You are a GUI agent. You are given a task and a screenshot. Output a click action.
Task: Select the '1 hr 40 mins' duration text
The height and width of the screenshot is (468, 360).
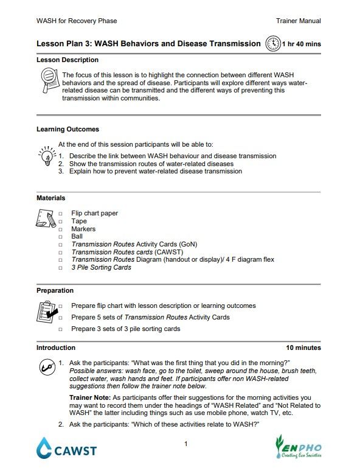click(x=301, y=44)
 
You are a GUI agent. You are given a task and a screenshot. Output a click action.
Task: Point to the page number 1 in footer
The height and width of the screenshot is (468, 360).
click(x=185, y=444)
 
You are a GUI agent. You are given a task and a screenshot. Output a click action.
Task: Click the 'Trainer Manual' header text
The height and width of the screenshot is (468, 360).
click(x=298, y=21)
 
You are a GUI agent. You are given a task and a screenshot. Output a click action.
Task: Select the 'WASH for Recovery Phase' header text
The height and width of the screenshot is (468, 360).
click(x=77, y=21)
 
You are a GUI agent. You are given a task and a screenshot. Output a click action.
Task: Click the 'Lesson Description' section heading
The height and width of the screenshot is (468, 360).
click(x=67, y=60)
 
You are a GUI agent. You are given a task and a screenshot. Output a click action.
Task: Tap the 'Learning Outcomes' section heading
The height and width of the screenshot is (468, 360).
click(x=67, y=130)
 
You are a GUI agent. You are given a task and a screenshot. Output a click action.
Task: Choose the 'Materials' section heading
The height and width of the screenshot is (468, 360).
click(x=51, y=198)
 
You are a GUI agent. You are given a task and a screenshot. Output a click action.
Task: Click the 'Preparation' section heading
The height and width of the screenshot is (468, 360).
click(x=55, y=291)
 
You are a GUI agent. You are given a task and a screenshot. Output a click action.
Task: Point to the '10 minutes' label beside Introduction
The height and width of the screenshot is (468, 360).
click(x=303, y=348)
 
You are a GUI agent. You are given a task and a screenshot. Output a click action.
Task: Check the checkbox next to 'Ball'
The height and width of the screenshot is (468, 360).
click(x=60, y=237)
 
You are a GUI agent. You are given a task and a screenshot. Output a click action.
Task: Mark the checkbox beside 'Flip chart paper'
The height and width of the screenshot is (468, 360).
click(x=60, y=214)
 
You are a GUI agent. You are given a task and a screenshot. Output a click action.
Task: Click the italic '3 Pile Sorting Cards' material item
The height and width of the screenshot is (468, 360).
click(x=101, y=267)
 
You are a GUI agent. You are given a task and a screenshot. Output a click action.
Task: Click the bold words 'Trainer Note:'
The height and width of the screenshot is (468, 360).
click(x=90, y=397)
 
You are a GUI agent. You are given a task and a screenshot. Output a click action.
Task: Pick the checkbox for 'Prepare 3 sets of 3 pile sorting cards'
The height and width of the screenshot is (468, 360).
click(x=60, y=329)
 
